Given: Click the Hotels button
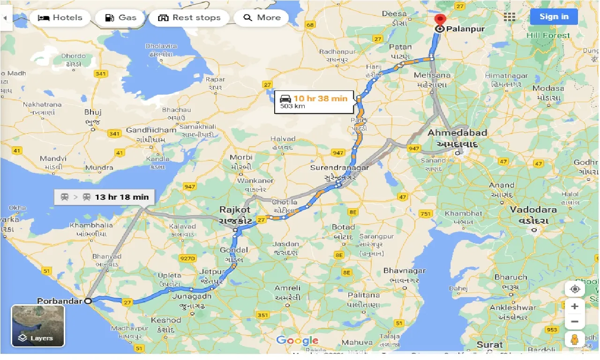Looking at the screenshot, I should (60, 18).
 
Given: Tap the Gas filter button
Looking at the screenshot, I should (120, 18).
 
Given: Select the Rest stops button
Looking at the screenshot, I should (189, 18).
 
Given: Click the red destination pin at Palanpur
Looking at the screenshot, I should (440, 20).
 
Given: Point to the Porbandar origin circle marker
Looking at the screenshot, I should (88, 301).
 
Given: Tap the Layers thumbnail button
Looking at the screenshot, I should (38, 326).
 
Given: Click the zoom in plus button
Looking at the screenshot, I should (575, 307).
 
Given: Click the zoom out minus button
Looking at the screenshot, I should (575, 322).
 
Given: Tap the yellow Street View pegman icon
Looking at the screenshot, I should (575, 339).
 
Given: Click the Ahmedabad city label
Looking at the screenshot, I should (457, 133).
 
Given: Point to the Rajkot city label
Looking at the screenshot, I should (235, 210).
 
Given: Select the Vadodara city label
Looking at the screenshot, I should (533, 210).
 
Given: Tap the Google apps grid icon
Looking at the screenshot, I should (510, 17).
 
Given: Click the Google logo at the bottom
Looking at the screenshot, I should (297, 341).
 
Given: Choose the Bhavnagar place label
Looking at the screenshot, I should (404, 270).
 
